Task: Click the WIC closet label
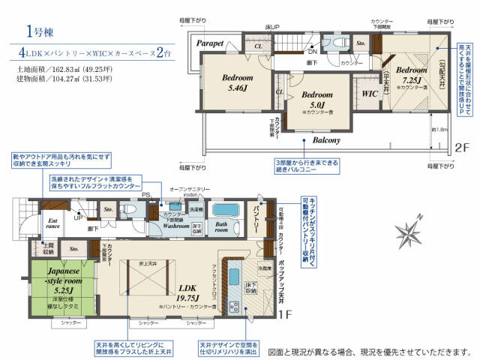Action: tap(368, 94)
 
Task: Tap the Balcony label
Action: tap(321, 140)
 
